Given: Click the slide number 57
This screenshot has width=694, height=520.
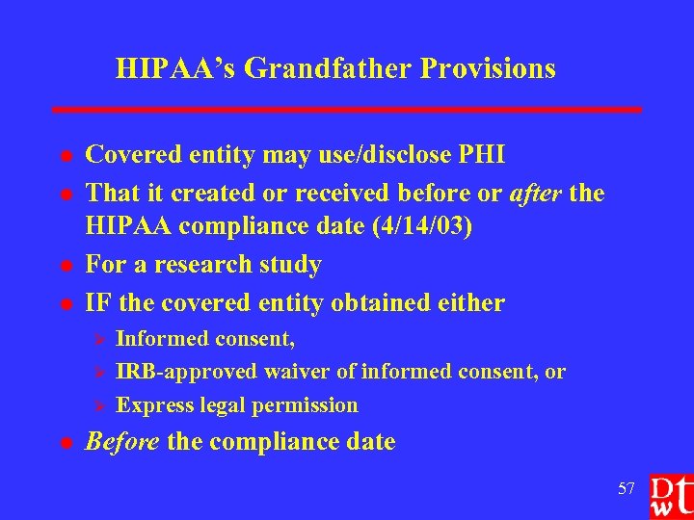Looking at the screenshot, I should (626, 489).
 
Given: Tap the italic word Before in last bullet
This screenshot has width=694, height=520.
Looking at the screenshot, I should (122, 442).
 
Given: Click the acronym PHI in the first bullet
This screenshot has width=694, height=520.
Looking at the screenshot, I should (484, 155).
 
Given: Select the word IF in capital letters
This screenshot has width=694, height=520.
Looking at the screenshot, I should (97, 303).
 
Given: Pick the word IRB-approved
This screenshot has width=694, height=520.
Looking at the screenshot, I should (187, 372).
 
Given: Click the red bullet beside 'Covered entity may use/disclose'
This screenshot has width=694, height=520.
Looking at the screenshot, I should (66, 157).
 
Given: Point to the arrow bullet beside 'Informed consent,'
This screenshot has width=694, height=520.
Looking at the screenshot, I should (96, 339).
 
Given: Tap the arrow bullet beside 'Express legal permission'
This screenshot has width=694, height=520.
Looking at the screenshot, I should (96, 405).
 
